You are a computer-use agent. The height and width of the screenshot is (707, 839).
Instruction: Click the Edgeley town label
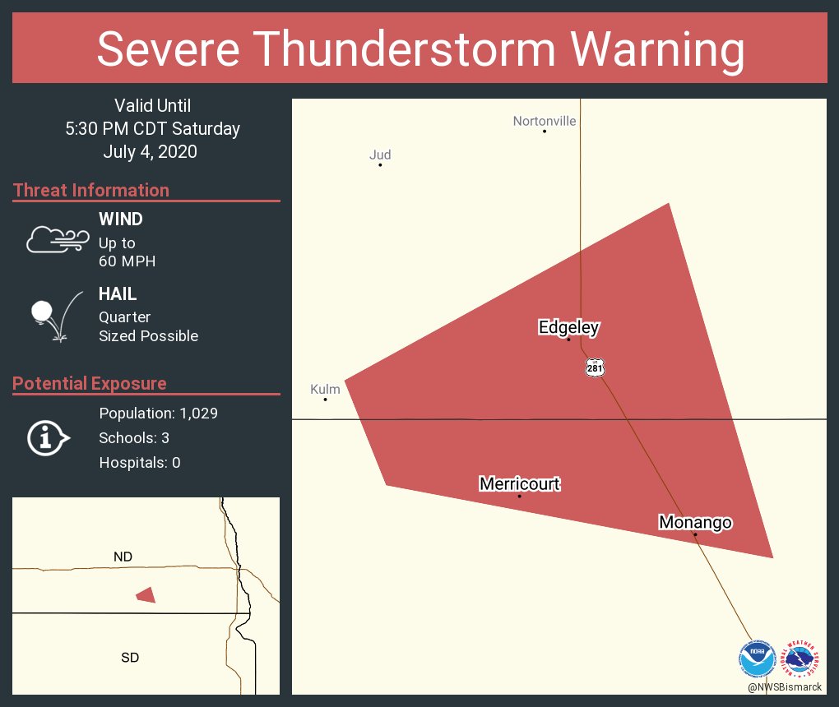coord(568,327)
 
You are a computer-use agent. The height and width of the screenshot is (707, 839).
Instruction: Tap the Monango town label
coord(695,522)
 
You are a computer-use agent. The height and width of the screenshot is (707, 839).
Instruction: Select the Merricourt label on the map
coord(519,483)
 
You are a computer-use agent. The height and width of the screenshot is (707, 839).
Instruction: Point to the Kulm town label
coord(325,389)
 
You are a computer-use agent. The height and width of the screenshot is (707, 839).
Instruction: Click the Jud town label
coord(380,155)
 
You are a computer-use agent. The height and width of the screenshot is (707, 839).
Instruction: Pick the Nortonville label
coord(545,122)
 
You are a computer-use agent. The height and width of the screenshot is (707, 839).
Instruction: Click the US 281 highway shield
coord(595,367)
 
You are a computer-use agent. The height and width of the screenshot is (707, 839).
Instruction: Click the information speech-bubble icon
coord(48,438)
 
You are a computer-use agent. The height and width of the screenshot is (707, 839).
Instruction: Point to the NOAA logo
coord(757,658)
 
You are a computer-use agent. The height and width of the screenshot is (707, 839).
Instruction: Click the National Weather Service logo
coord(803,658)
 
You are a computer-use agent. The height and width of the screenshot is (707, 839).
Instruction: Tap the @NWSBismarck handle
coord(785,686)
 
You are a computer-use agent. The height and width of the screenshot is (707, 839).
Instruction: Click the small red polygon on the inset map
coord(146,594)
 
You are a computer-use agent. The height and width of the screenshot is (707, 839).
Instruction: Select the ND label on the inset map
coord(123,557)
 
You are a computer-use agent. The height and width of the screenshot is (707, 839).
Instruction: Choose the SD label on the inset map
coord(129,657)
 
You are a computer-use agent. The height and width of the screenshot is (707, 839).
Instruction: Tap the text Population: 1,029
coord(158,414)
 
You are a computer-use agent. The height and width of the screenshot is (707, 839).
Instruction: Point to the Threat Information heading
coord(91,190)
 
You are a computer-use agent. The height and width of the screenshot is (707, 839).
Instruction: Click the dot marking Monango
coord(695,534)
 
